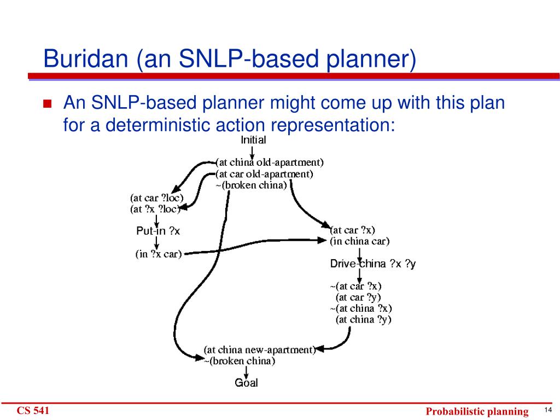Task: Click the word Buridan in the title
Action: tap(86, 59)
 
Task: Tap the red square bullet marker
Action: tap(48, 103)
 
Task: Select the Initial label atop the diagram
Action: tap(253, 139)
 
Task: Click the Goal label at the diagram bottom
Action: tap(246, 382)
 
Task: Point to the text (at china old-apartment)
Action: tap(270, 162)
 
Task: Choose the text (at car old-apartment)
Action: tap(264, 174)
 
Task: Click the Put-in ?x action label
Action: tap(158, 231)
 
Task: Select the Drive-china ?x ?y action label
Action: tap(373, 264)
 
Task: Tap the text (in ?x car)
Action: tap(159, 254)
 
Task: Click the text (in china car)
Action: tap(360, 241)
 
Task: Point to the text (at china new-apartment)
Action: tap(260, 349)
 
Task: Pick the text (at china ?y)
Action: tap(364, 319)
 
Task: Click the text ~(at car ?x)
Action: tap(355, 286)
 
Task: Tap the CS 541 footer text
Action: tap(33, 411)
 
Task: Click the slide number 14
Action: tap(548, 410)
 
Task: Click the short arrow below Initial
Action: tap(252, 153)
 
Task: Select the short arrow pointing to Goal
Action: tap(246, 372)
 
